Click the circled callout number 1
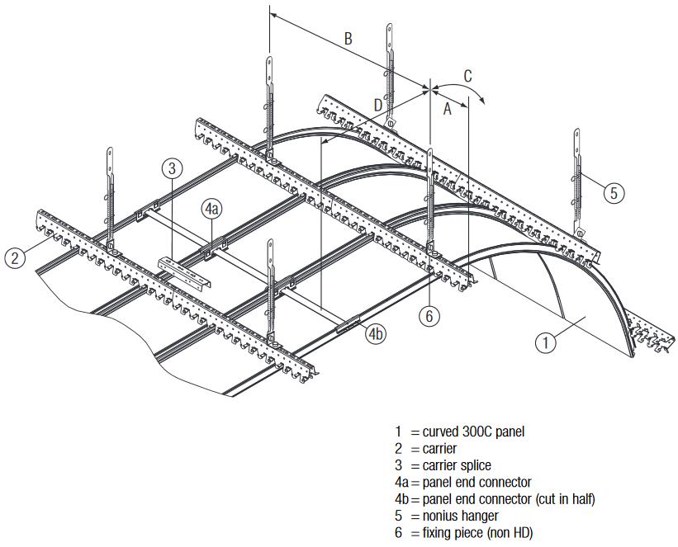546,342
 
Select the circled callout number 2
14,257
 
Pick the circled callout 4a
211,210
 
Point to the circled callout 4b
377,333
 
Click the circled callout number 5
613,193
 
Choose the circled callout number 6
428,314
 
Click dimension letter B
348,38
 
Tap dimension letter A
448,107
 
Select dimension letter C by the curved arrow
467,76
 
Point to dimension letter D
377,105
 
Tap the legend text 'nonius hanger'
459,516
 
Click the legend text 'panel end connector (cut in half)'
509,499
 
